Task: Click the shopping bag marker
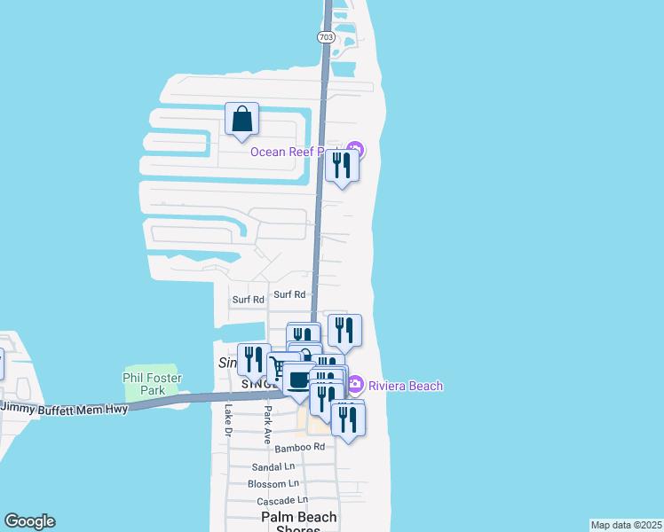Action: point(241,119)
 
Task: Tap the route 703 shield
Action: point(325,37)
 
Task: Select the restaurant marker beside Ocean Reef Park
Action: point(342,165)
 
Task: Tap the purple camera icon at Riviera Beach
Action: point(355,385)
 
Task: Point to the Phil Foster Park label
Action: point(144,383)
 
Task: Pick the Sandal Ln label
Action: point(273,466)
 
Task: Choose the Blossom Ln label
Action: point(273,484)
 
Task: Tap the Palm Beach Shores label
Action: point(298,523)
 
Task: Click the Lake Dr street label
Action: point(228,420)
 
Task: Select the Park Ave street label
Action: point(265,422)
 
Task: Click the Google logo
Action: point(29,521)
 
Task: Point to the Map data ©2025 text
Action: point(626,525)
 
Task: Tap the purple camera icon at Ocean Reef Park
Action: point(355,150)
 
